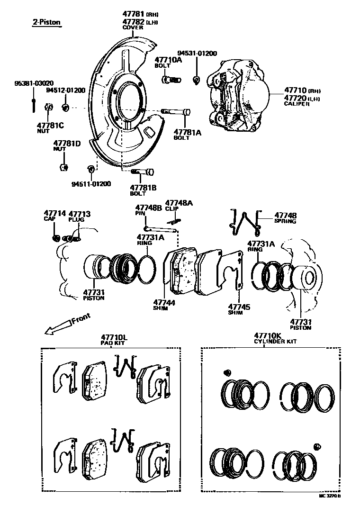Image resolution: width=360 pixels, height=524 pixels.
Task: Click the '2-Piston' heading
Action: click(x=46, y=22)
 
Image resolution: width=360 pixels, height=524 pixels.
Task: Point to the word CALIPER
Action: click(x=297, y=104)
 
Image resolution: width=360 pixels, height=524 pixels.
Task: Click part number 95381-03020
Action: click(x=34, y=83)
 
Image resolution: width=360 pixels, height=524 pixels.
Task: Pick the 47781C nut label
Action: click(x=50, y=125)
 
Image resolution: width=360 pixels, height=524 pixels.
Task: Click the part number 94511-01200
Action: click(x=91, y=183)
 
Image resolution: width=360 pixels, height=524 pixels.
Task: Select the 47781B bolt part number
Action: click(x=143, y=188)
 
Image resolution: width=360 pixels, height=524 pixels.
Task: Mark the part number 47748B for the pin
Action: click(x=149, y=208)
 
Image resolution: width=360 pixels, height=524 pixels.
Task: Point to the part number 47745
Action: click(x=239, y=307)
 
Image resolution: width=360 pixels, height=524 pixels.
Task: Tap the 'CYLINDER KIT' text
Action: click(x=274, y=341)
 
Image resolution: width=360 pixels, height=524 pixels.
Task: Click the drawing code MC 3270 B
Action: click(x=329, y=496)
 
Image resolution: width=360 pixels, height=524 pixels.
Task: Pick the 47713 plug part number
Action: click(x=80, y=214)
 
